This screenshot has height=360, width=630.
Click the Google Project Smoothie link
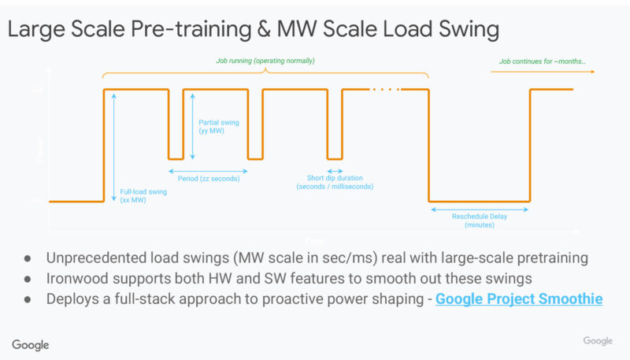coord(518,299)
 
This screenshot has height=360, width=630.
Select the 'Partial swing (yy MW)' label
coord(219,127)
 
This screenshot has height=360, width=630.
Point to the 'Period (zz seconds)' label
coord(208,179)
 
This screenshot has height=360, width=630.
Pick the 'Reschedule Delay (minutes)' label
coord(479,220)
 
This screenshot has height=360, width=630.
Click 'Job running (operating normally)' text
coord(265,61)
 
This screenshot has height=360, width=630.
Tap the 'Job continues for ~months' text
coord(542,61)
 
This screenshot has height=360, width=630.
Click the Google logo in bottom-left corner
coord(31,345)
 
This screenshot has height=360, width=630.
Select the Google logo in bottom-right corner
coord(598,340)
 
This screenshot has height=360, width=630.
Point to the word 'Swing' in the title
coord(465,30)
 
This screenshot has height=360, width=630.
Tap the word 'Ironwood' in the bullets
coord(79,278)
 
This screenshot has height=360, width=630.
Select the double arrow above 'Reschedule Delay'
coord(479,209)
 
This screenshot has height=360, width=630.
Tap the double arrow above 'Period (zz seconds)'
coord(208,169)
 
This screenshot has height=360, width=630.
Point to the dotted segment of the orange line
coord(385,89)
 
